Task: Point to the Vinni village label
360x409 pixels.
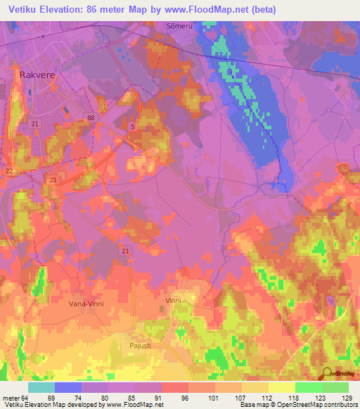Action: pyautogui.click(x=173, y=301)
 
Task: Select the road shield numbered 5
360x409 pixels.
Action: pyautogui.click(x=133, y=126)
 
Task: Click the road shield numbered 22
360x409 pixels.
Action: pyautogui.click(x=8, y=171)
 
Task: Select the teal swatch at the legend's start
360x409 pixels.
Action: pyautogui.click(x=41, y=387)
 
